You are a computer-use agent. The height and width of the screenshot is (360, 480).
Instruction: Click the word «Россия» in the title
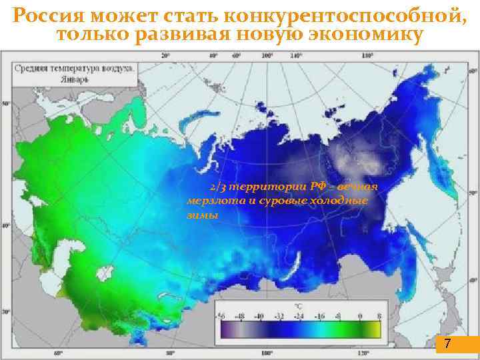pos(45,14)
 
